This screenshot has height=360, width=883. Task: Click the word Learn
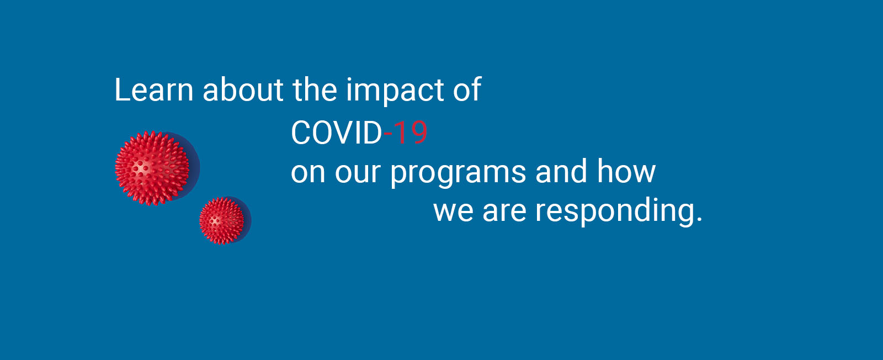154,90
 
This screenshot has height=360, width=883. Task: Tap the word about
243,90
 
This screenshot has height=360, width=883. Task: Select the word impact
395,92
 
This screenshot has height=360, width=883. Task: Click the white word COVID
337,133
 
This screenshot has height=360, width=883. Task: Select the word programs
458,174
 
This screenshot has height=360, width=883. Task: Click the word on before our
308,173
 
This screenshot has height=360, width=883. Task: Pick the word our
358,173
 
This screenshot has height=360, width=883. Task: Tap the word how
626,171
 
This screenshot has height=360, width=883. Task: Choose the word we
453,212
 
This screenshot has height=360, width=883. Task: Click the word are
504,212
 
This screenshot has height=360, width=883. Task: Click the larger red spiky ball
152,168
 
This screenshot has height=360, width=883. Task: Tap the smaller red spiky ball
221,221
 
